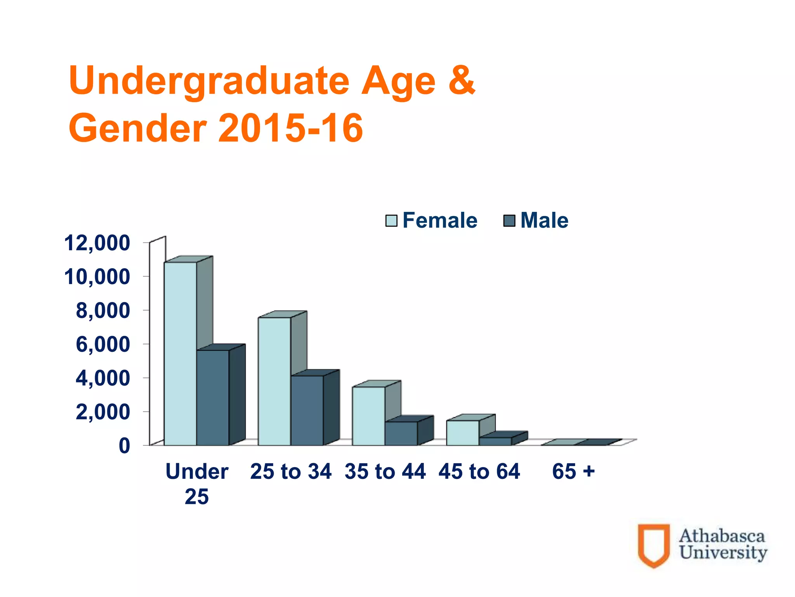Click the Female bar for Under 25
click(x=180, y=354)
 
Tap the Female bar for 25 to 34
click(x=274, y=381)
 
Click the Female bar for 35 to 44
click(x=368, y=416)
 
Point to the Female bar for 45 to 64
click(x=462, y=433)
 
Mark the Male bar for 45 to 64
click(x=495, y=441)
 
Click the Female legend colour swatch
click(x=391, y=221)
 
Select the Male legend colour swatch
click(x=509, y=221)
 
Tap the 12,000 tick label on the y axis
click(x=97, y=243)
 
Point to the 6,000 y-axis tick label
click(x=103, y=344)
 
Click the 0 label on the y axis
click(x=124, y=445)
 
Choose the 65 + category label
click(x=573, y=471)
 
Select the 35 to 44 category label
click(x=385, y=471)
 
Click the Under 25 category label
click(x=197, y=484)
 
